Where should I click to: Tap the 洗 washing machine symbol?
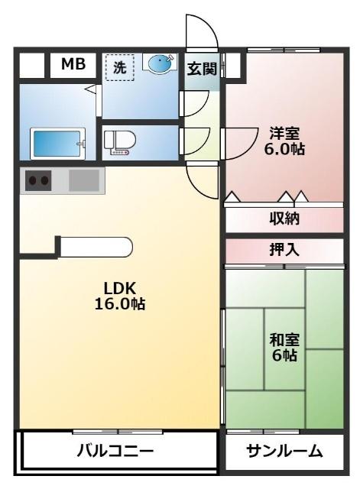119,67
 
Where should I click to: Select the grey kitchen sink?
83,181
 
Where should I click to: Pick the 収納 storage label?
284,219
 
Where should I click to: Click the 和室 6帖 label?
284,347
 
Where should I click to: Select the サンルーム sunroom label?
284,452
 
